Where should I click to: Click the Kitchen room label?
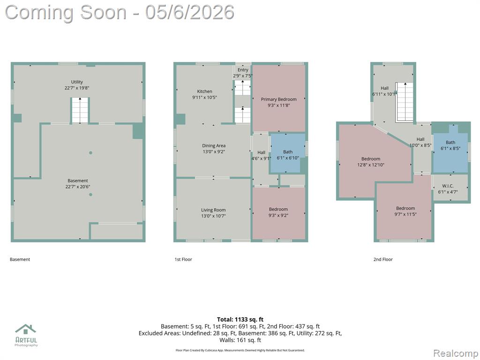click(x=204, y=91)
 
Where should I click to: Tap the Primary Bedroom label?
click(x=278, y=99)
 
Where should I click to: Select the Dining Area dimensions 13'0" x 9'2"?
click(x=214, y=151)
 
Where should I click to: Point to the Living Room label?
click(x=213, y=210)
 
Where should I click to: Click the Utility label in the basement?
click(x=77, y=82)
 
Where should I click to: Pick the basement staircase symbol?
click(x=80, y=110)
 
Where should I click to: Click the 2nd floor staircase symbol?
click(x=405, y=102)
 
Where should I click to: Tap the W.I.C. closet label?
click(x=448, y=186)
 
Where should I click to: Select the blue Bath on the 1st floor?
click(x=287, y=153)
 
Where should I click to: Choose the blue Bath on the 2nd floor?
click(x=450, y=150)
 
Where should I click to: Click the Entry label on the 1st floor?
click(x=243, y=70)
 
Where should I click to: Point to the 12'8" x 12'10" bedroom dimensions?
click(x=371, y=165)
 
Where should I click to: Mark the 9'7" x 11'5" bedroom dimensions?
click(x=405, y=214)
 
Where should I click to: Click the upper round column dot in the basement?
click(x=90, y=153)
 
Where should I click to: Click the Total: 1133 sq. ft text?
click(x=240, y=320)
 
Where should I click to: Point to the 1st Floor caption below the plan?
click(x=183, y=259)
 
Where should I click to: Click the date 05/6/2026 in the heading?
click(x=190, y=13)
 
